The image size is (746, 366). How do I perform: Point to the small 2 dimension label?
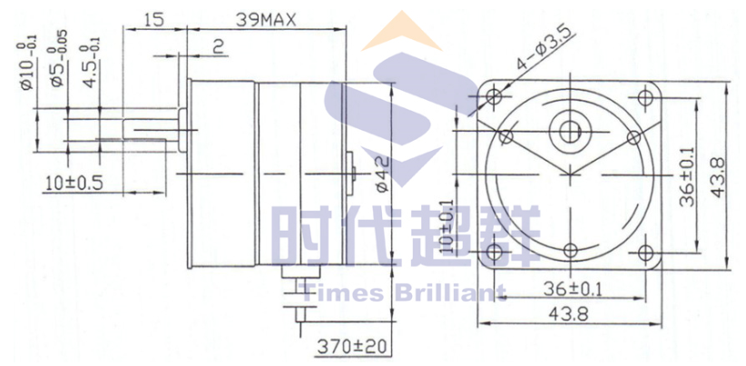click(218, 47)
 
